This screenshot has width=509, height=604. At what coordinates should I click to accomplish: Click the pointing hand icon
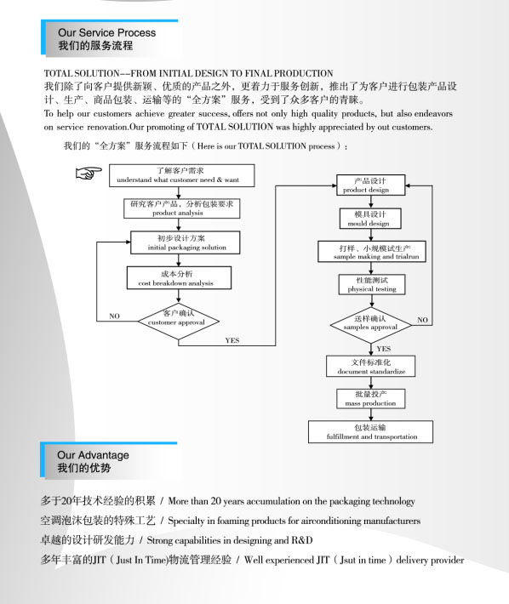coord(89,174)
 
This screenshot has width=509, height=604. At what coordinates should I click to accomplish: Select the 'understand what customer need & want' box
coord(182,175)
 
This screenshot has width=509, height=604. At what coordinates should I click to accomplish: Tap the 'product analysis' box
coord(182,208)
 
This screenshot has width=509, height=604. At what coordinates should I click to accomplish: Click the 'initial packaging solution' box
coord(186,242)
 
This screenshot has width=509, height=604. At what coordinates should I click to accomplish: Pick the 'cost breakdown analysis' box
coord(179,277)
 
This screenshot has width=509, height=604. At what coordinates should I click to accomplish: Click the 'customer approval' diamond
coord(179,322)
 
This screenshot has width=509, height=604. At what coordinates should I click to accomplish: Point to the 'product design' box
coord(370,185)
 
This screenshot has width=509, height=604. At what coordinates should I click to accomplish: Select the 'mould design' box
coord(370,219)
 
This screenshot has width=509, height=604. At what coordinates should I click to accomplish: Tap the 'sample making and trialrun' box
coord(372,252)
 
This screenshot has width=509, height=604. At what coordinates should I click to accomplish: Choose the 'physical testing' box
coord(372,284)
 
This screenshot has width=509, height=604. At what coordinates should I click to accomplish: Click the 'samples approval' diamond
coord(370,325)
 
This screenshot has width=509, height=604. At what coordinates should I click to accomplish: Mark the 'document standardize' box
coord(370,366)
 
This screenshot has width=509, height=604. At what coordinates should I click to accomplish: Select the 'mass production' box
coord(370,399)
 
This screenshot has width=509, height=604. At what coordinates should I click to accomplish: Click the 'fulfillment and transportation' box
coord(370,432)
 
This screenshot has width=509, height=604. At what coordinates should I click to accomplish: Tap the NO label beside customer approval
coord(114,316)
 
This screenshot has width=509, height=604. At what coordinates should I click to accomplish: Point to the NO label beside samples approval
coord(422,320)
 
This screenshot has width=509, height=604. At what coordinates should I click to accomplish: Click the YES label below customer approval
coord(232,340)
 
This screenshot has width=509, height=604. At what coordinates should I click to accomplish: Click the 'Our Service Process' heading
coord(106,32)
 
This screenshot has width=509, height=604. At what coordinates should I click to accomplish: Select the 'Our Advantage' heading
coord(93,455)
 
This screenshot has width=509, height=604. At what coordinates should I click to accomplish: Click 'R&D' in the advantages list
coord(302,540)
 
